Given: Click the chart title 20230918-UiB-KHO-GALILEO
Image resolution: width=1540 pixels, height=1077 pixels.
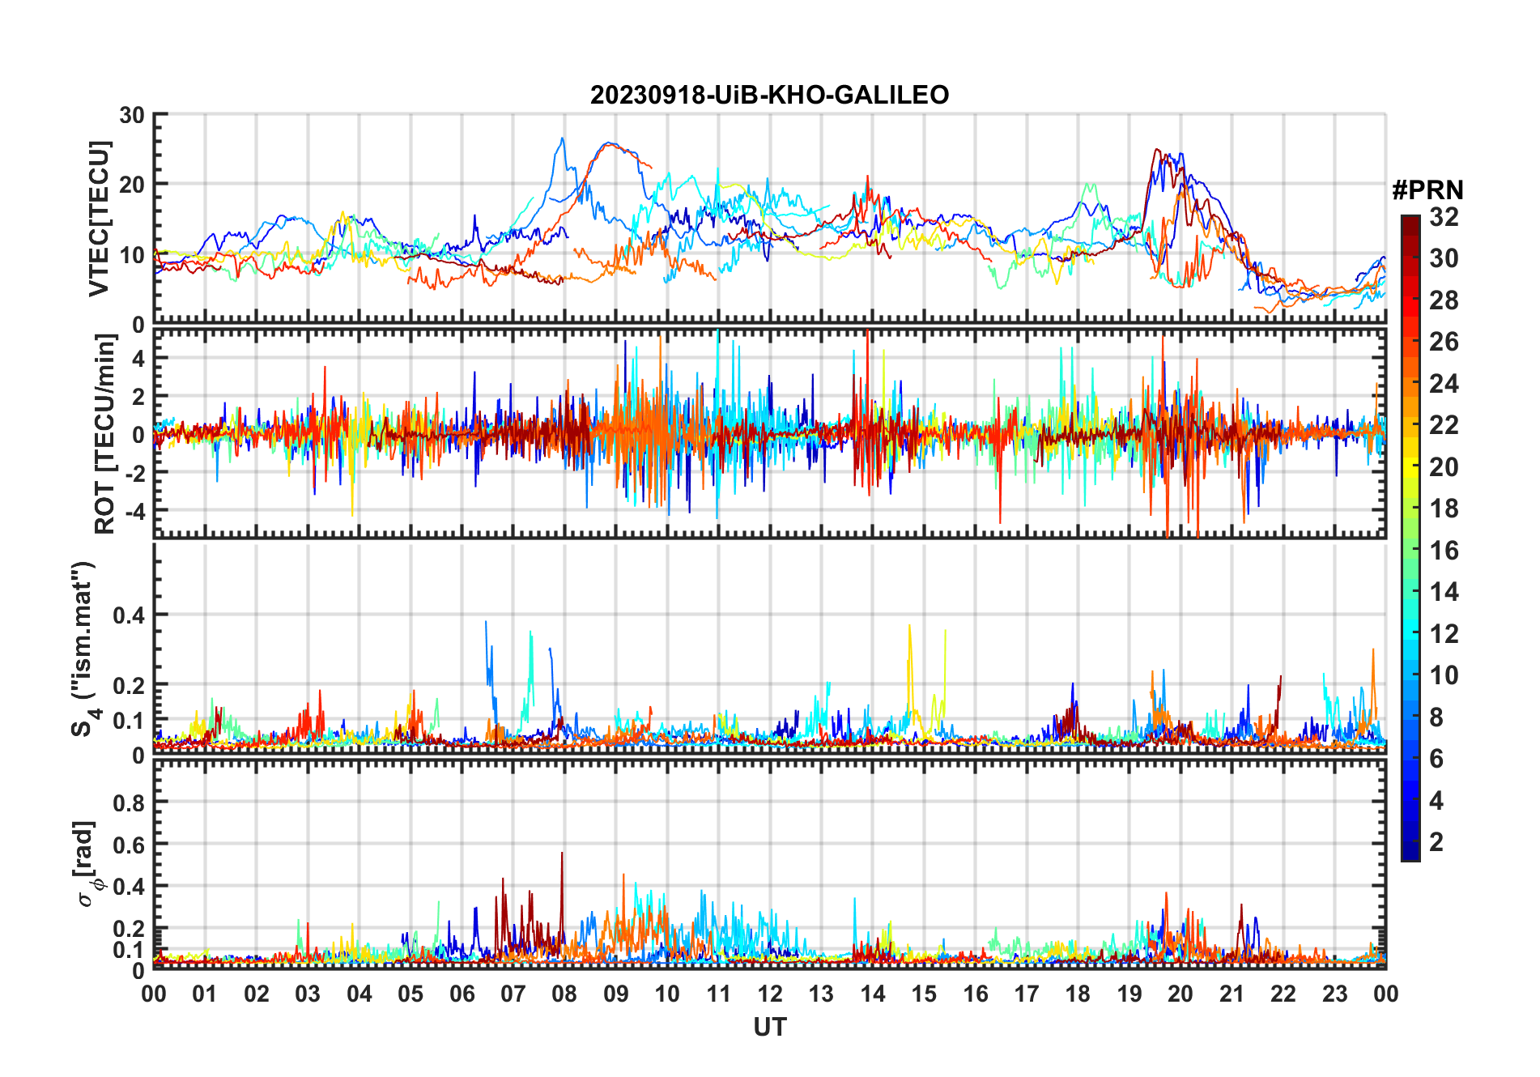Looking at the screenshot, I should click(769, 96).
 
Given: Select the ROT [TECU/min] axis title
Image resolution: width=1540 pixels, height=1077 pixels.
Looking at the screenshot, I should click(105, 433).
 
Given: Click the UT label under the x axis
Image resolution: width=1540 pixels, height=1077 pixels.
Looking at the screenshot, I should click(769, 1028).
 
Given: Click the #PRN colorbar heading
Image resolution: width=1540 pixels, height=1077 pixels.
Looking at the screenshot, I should click(1427, 190).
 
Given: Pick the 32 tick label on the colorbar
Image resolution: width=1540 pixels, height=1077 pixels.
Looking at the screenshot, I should click(1444, 217).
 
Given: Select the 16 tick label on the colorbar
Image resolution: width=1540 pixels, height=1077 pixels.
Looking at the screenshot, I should click(1444, 551).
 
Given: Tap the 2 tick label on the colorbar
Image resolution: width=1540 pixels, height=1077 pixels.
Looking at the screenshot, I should click(1436, 842).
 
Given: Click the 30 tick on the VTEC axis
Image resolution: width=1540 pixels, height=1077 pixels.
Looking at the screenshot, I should click(132, 115).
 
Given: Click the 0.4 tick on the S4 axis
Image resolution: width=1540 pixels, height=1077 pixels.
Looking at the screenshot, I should click(129, 615).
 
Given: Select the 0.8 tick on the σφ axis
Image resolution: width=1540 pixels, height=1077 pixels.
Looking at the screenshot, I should click(129, 802).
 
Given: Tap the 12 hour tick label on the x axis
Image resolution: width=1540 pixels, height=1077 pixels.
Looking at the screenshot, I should click(770, 994).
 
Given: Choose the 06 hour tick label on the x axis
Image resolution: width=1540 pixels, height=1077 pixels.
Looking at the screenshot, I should click(462, 994).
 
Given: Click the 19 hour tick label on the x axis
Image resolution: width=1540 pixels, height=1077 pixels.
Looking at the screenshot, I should click(1129, 994).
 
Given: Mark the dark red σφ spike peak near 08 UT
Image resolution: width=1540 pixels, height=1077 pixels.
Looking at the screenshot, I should click(562, 853).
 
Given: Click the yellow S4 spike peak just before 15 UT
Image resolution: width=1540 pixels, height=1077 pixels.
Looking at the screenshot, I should click(909, 625).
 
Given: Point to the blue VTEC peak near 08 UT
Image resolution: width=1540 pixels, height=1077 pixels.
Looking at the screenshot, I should click(562, 138).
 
